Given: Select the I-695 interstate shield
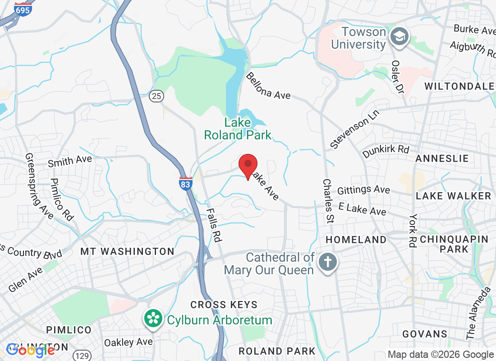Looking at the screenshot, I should point(23,9).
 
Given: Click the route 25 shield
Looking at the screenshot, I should point(156,96).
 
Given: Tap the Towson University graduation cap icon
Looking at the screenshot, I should point(400,36).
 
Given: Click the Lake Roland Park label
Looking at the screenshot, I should point(238,129).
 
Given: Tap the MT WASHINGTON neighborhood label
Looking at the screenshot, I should point(127,251).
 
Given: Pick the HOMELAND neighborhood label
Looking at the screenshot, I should point(356,240).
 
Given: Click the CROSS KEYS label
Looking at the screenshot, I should point(224,305).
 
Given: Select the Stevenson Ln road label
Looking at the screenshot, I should point(355,129).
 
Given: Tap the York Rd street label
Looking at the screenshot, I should point(412,230).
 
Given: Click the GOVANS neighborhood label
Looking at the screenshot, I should point(424,334).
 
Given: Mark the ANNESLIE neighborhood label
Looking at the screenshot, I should point(442,158).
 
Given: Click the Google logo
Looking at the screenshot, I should point(31,350).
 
